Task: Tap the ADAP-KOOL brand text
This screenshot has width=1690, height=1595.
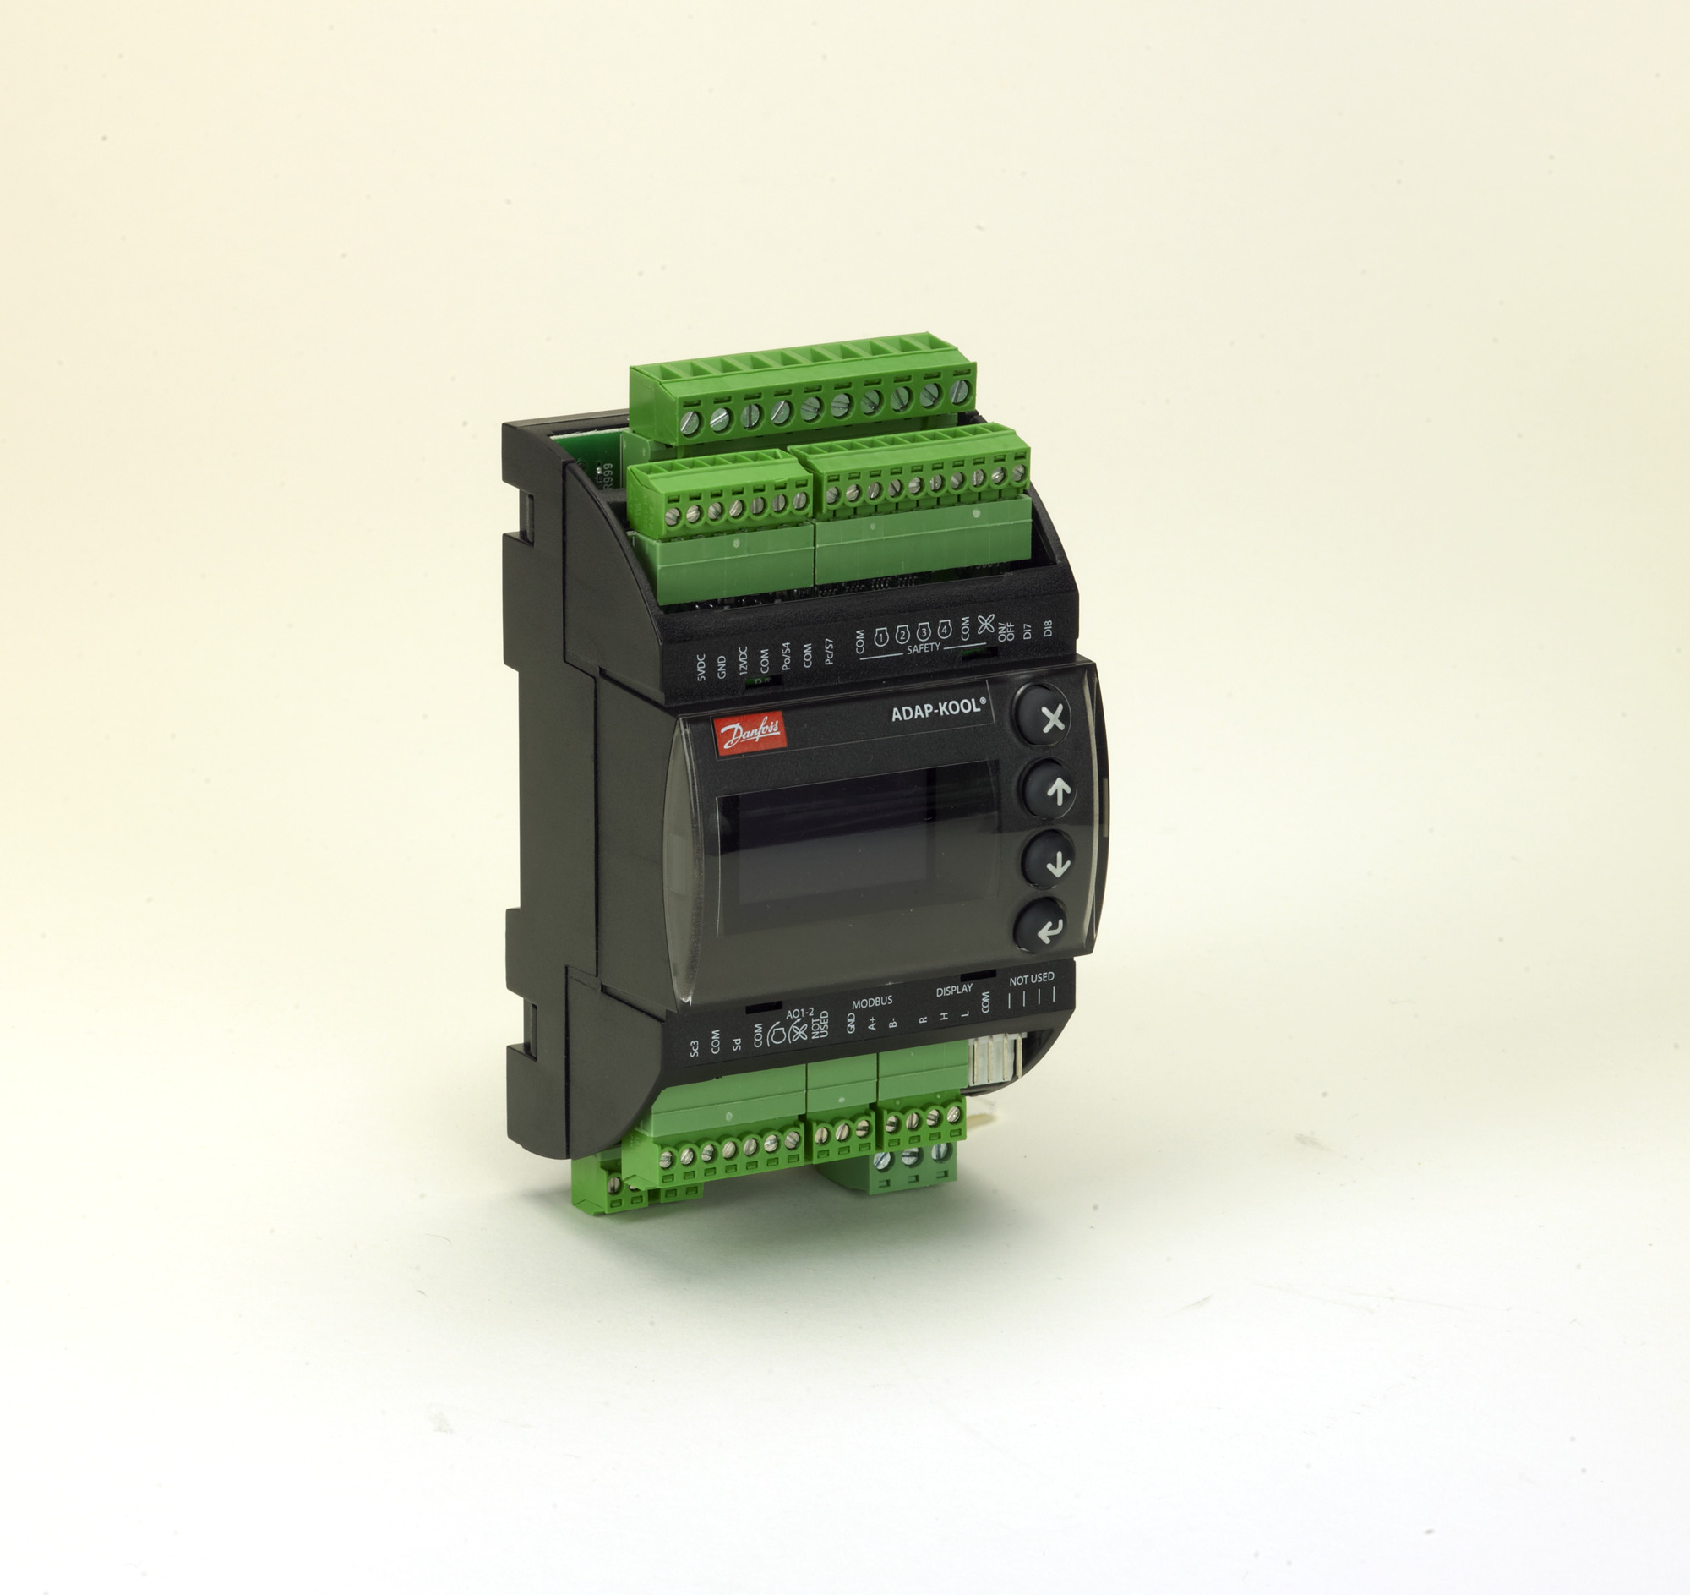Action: (938, 710)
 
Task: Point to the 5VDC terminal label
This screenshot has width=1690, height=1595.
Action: (701, 667)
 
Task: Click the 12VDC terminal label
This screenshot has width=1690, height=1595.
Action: (743, 661)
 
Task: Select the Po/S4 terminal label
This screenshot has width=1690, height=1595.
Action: (786, 656)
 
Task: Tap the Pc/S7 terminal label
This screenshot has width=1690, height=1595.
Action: (829, 651)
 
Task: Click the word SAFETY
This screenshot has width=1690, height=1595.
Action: (924, 647)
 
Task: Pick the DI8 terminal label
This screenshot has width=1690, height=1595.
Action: (1047, 627)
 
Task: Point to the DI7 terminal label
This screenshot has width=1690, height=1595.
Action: (1027, 630)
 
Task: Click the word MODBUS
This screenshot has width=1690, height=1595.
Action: (872, 1003)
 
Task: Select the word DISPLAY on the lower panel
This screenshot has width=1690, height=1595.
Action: (954, 991)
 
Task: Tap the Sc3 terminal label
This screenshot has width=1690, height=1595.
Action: (695, 1049)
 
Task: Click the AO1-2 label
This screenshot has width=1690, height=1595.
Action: (800, 1013)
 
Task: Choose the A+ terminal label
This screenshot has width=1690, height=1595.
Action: (872, 1024)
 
